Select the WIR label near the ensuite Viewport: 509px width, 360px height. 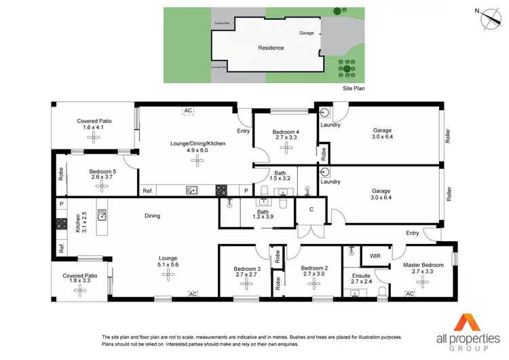pos(374,255)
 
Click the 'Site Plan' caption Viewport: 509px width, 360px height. pos(353,89)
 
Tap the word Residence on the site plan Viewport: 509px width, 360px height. pos(271,48)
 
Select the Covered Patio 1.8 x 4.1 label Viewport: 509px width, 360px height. pos(94,124)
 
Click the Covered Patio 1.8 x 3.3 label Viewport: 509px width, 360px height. pos(82,278)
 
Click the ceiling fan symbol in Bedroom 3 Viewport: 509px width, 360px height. pos(246,285)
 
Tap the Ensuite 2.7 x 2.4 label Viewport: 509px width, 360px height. pos(361,278)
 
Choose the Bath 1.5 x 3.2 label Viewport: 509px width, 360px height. pos(280,175)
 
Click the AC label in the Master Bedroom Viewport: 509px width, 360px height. pos(409,293)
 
